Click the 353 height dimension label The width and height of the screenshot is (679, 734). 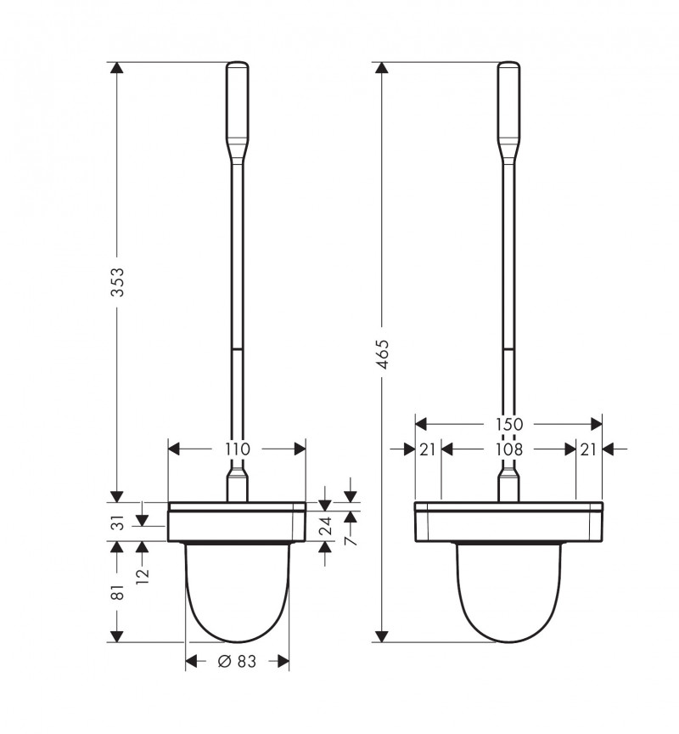pyautogui.click(x=118, y=282)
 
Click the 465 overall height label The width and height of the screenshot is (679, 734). pyautogui.click(x=382, y=353)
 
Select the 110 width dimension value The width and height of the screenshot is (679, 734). pyautogui.click(x=238, y=449)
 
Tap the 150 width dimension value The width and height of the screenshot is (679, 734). pyautogui.click(x=508, y=423)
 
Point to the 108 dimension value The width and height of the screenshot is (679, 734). pyautogui.click(x=508, y=449)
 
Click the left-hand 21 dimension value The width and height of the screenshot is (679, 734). pyautogui.click(x=427, y=449)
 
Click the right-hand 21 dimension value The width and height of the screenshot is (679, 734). pyautogui.click(x=589, y=449)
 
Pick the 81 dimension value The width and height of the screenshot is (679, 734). pyautogui.click(x=119, y=592)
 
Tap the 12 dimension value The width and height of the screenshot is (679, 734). pyautogui.click(x=142, y=573)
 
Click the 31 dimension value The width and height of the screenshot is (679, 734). pyautogui.click(x=119, y=522)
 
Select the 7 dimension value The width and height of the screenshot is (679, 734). pyautogui.click(x=351, y=538)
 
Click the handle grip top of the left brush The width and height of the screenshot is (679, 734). pyautogui.click(x=238, y=102)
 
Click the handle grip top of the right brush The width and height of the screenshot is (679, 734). pyautogui.click(x=508, y=102)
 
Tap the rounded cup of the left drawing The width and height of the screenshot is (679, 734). pyautogui.click(x=238, y=595)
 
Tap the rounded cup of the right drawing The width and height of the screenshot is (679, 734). pyautogui.click(x=508, y=595)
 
